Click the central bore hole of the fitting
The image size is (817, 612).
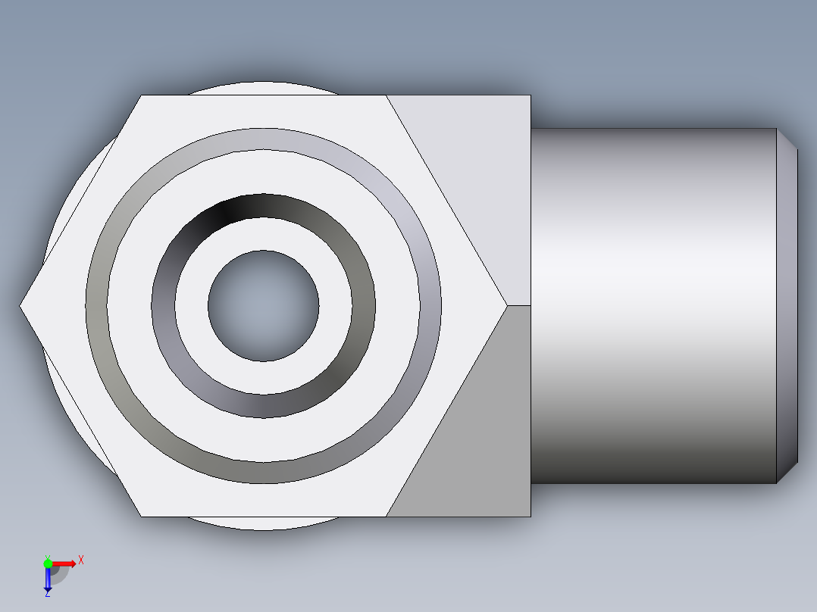[x=263, y=306]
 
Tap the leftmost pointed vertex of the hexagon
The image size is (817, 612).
[x=21, y=306]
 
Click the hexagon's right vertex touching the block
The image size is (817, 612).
[x=506, y=305]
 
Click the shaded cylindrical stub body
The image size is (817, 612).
[x=652, y=306]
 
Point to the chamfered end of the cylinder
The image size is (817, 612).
[x=787, y=306]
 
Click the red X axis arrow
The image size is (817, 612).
[x=64, y=563]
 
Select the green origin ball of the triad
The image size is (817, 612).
[x=48, y=563]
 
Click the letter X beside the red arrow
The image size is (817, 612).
[x=80, y=560]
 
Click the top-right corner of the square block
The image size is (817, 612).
[x=530, y=95]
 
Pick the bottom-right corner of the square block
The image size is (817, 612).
[x=530, y=517]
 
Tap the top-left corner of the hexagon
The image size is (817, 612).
[x=142, y=95]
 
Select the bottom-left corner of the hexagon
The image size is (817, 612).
[x=142, y=517]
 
